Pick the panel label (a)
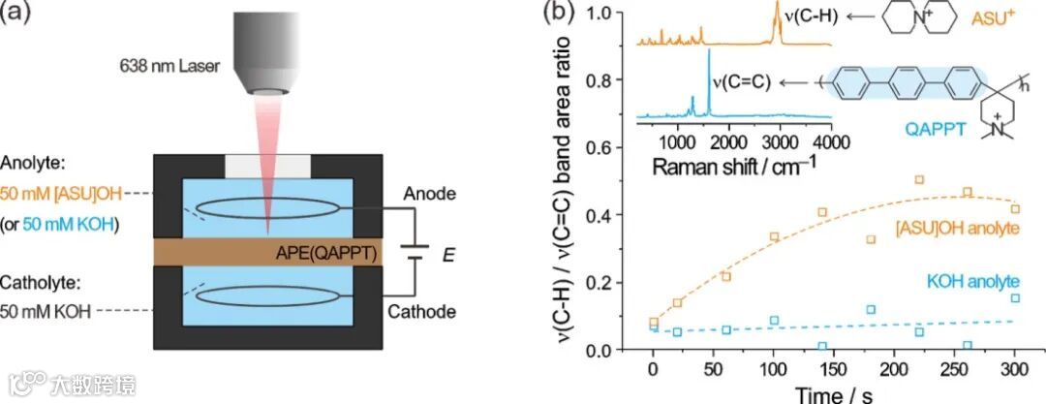tap(22, 16)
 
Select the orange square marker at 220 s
tap(919, 179)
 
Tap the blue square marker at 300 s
tap(1015, 298)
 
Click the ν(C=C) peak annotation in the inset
tap(741, 81)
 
